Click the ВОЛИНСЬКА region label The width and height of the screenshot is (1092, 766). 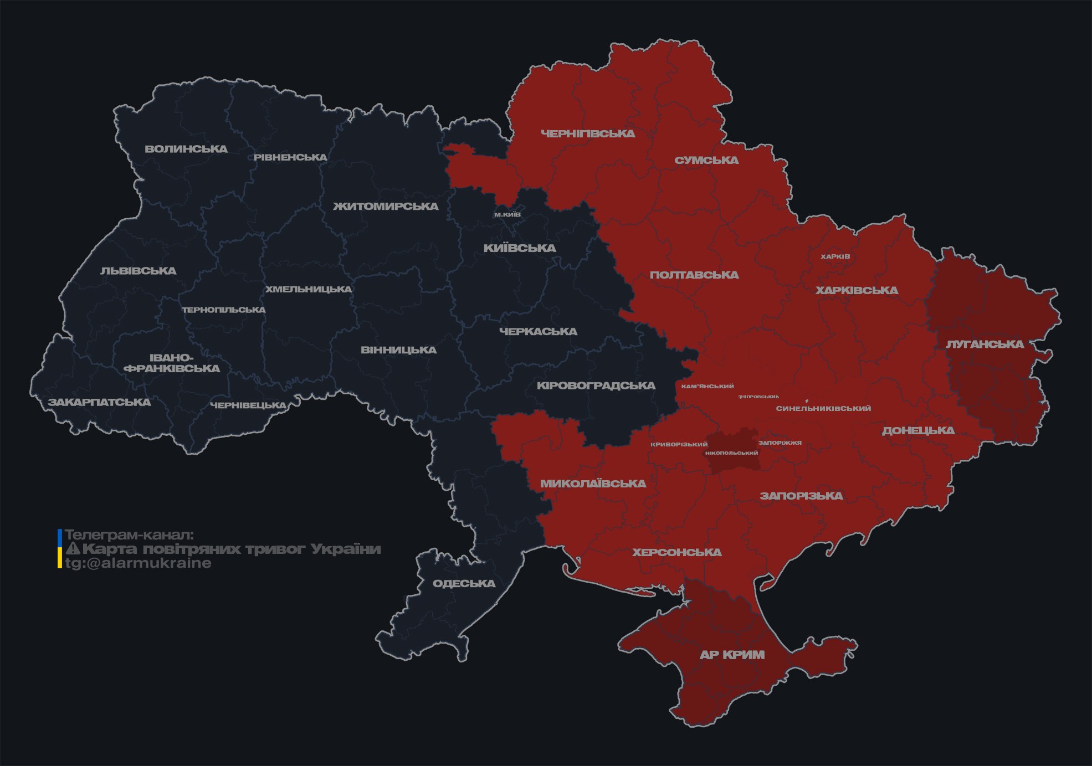[x=186, y=149]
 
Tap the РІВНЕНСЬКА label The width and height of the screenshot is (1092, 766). [x=290, y=157]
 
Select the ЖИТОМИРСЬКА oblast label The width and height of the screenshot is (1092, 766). [x=386, y=207]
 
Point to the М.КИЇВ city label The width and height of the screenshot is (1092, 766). [x=507, y=214]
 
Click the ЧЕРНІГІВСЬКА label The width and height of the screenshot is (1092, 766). [x=588, y=133]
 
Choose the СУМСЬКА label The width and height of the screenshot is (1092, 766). [x=706, y=160]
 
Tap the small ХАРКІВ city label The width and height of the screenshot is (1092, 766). [x=835, y=256]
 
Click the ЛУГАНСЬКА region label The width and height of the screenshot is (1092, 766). [x=985, y=344]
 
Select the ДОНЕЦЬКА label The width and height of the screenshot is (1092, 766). [x=918, y=430]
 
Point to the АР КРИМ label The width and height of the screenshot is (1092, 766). [x=732, y=655]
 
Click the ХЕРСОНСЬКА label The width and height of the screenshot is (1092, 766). [x=677, y=552]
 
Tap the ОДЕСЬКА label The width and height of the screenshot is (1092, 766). [x=464, y=583]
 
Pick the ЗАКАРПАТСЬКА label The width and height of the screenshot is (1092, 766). [x=99, y=402]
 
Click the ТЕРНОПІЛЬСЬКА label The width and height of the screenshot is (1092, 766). [x=224, y=310]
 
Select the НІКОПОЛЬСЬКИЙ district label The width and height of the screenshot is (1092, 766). [x=731, y=453]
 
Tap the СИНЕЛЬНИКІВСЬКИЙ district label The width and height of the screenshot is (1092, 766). [x=823, y=408]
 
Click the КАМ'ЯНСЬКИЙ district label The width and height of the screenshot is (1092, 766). [x=708, y=386]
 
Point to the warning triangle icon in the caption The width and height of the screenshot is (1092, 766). [x=73, y=549]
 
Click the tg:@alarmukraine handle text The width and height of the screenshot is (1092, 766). [x=139, y=563]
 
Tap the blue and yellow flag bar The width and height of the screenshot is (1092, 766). [x=60, y=548]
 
